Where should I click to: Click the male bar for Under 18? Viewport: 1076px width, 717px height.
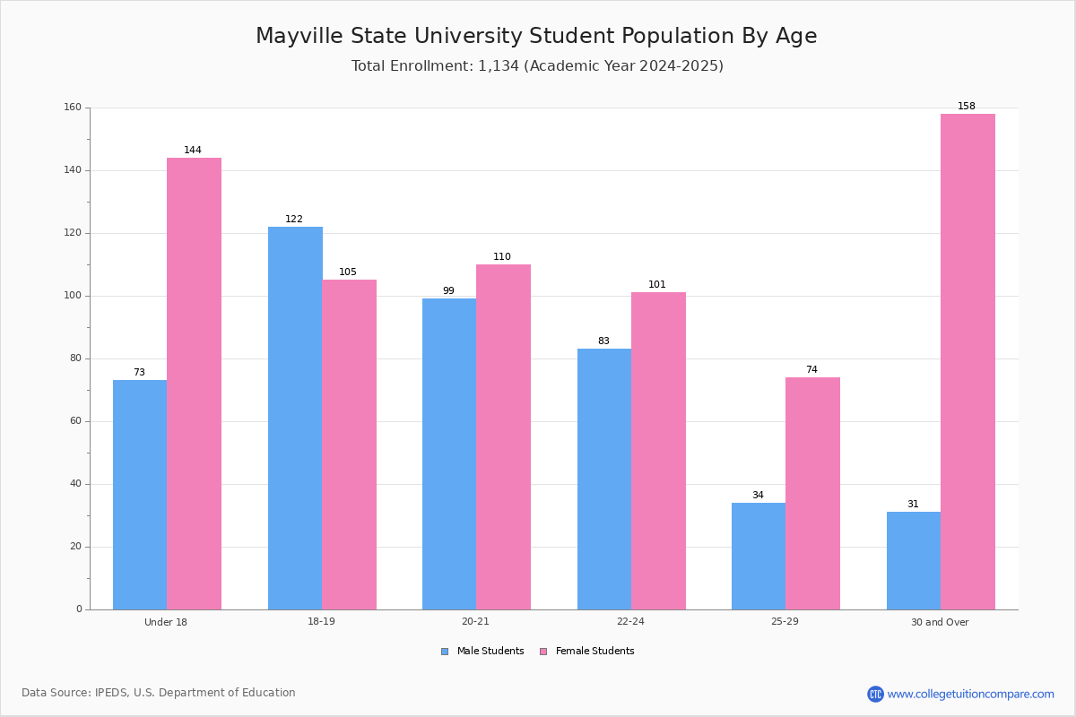click(140, 495)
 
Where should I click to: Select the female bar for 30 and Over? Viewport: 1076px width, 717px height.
click(968, 361)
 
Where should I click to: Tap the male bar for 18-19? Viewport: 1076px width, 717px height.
click(295, 419)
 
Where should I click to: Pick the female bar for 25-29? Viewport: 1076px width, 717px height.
click(812, 494)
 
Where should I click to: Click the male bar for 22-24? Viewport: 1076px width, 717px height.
click(604, 479)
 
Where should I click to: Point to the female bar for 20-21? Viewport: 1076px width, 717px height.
click(503, 437)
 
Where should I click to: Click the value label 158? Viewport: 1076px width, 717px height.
click(967, 106)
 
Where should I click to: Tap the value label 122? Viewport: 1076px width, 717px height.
click(294, 219)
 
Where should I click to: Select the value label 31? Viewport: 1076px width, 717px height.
click(913, 504)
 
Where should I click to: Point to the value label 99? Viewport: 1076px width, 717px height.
click(448, 290)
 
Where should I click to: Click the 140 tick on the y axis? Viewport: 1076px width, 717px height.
click(73, 170)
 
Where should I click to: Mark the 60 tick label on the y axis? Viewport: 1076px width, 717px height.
click(76, 421)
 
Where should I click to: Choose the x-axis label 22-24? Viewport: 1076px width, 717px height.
click(630, 621)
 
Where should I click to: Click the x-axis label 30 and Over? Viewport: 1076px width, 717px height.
click(940, 622)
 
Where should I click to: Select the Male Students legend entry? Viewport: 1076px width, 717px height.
click(482, 651)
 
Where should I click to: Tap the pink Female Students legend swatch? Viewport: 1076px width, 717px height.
click(543, 652)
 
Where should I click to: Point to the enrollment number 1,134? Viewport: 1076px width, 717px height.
click(499, 65)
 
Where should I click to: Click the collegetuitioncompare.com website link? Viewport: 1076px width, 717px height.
click(970, 694)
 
